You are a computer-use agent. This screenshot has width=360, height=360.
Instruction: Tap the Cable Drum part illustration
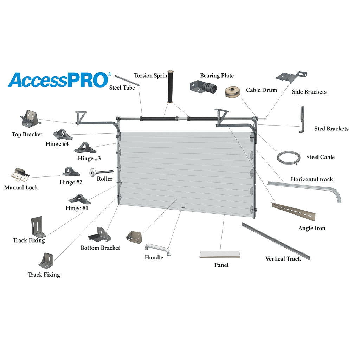coord(233,92)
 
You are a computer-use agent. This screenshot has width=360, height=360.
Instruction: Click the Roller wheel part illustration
coord(101,172)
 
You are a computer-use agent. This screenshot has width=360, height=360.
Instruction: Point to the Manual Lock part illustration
coord(20,175)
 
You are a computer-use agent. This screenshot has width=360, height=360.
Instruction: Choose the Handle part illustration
coord(158,250)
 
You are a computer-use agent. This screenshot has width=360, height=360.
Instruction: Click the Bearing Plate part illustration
coord(204,87)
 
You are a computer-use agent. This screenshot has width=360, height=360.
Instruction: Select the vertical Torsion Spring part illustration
coord(171,87)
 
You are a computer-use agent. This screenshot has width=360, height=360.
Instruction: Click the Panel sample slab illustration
coord(220,254)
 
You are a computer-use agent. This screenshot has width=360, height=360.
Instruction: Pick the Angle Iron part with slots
coord(294,211)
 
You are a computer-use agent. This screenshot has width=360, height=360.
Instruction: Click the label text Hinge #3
coord(89,159)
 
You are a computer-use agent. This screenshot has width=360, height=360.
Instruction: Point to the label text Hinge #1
coord(77,208)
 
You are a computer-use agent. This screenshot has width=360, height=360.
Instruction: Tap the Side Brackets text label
coord(309,92)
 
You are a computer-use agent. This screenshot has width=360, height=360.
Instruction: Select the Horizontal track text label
coord(312,179)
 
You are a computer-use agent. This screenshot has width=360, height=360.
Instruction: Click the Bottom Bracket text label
coord(100,248)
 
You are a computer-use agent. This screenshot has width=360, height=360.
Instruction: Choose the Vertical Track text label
coord(283,259)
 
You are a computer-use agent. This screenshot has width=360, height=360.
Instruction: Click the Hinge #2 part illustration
coord(71,172)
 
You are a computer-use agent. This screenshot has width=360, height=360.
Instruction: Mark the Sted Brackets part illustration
coord(302,120)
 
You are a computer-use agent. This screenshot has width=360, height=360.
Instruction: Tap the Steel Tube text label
coord(122,88)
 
